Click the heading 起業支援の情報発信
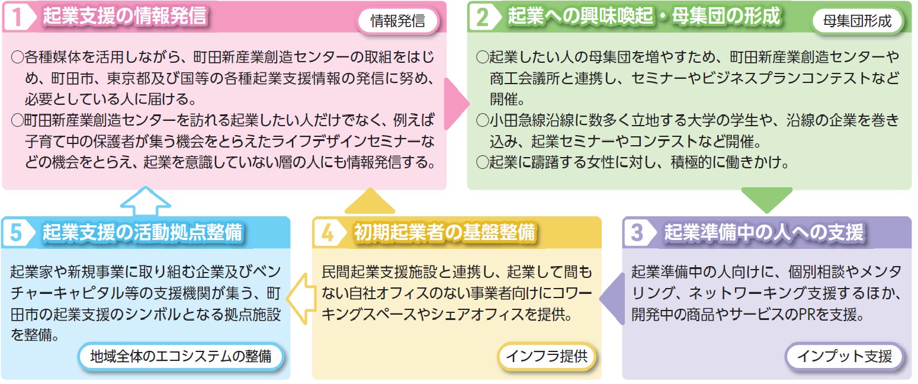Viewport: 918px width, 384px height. [x=124, y=17]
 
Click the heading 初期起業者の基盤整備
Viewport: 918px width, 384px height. [x=444, y=232]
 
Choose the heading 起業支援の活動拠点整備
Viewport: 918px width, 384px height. [x=142, y=232]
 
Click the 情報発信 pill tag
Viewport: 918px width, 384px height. [x=398, y=22]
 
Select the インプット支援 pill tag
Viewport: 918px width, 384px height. [x=844, y=357]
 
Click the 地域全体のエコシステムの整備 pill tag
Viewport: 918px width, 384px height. [x=181, y=357]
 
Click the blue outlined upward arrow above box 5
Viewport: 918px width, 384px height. [x=145, y=200]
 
